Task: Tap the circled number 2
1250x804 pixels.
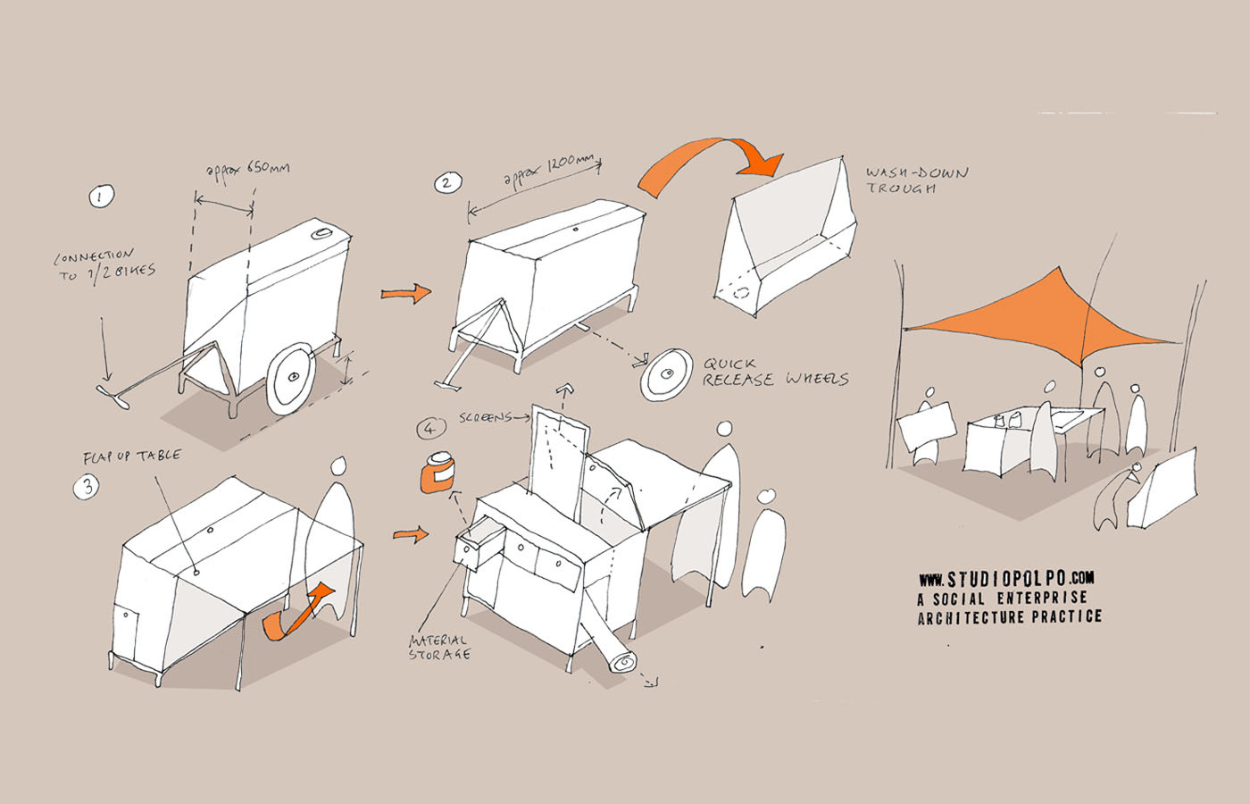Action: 446,184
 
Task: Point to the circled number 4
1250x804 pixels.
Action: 431,429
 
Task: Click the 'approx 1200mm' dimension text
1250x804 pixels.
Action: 548,171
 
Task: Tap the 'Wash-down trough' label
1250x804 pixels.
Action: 916,180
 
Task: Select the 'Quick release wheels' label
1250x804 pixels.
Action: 774,372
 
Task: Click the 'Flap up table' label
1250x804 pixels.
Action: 131,456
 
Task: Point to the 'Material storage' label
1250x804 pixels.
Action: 438,647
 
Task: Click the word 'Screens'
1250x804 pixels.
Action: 485,417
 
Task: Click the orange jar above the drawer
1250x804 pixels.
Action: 437,473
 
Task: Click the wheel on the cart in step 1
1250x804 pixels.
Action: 291,379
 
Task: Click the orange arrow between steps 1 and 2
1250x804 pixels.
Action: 405,293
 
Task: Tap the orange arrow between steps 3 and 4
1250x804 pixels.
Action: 411,535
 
